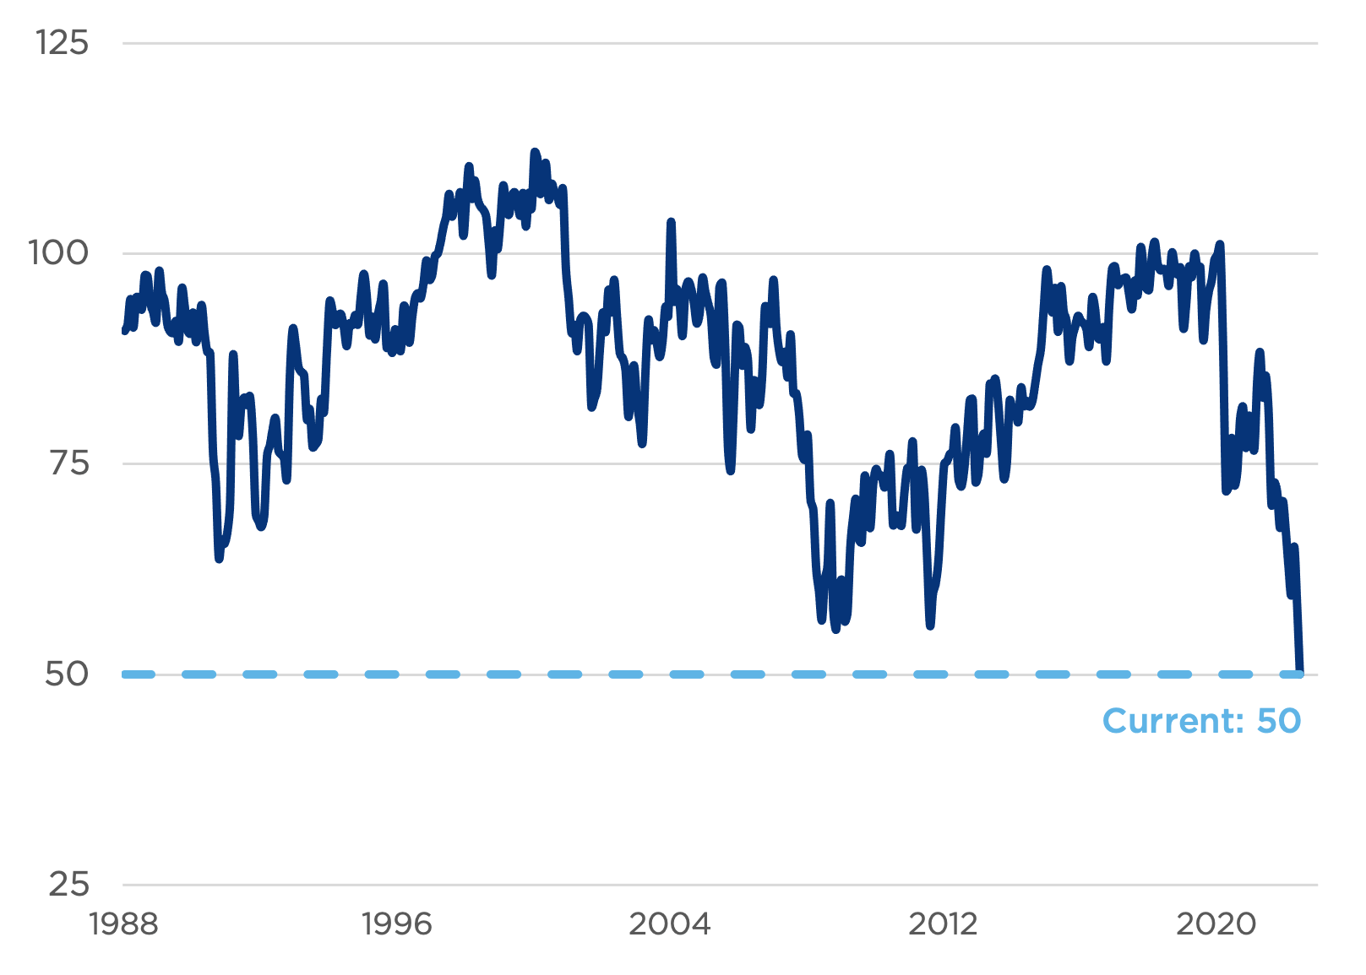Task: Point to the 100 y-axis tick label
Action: (x=59, y=252)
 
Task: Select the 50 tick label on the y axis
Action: (x=67, y=674)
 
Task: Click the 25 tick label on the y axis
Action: (x=68, y=884)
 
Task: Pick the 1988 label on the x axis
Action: (x=123, y=924)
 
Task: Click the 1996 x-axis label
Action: (x=396, y=924)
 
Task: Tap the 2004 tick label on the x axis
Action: (x=670, y=924)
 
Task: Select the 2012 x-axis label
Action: (x=943, y=924)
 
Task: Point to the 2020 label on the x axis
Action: (x=1216, y=924)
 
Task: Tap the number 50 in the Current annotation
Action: (x=1279, y=721)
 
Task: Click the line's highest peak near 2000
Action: (x=534, y=152)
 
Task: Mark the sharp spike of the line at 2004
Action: (x=671, y=222)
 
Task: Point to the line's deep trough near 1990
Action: (x=219, y=558)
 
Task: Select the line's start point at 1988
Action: (x=124, y=330)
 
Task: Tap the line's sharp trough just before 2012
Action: (x=930, y=626)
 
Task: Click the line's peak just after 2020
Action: (x=1219, y=245)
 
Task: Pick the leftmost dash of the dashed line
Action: (x=139, y=674)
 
